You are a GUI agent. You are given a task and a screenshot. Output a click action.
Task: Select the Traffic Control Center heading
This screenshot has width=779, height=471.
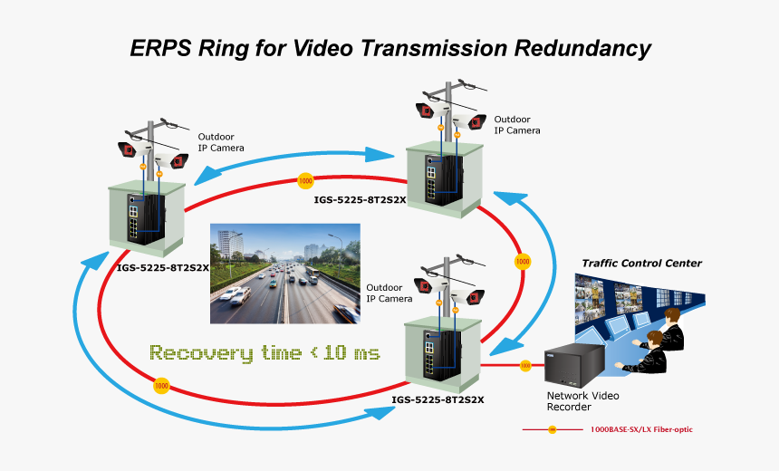(641, 264)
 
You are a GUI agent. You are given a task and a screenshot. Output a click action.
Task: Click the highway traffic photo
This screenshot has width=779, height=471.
(284, 274)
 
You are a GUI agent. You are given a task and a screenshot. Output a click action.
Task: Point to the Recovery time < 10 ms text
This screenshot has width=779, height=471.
(264, 352)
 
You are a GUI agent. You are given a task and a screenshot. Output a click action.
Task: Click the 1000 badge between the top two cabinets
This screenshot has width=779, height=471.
(305, 180)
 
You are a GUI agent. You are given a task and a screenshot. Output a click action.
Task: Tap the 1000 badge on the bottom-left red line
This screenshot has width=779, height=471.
(161, 387)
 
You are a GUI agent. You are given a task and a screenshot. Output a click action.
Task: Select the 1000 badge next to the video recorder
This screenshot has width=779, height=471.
(525, 366)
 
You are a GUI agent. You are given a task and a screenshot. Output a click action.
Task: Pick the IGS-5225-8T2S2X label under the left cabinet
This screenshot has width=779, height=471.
(164, 267)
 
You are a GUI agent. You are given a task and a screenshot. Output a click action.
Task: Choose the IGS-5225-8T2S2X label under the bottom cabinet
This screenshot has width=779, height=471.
(438, 399)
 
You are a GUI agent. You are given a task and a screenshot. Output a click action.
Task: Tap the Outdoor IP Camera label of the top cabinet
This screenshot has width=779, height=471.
(516, 125)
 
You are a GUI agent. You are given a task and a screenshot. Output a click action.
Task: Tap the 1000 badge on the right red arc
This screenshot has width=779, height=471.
(522, 262)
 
